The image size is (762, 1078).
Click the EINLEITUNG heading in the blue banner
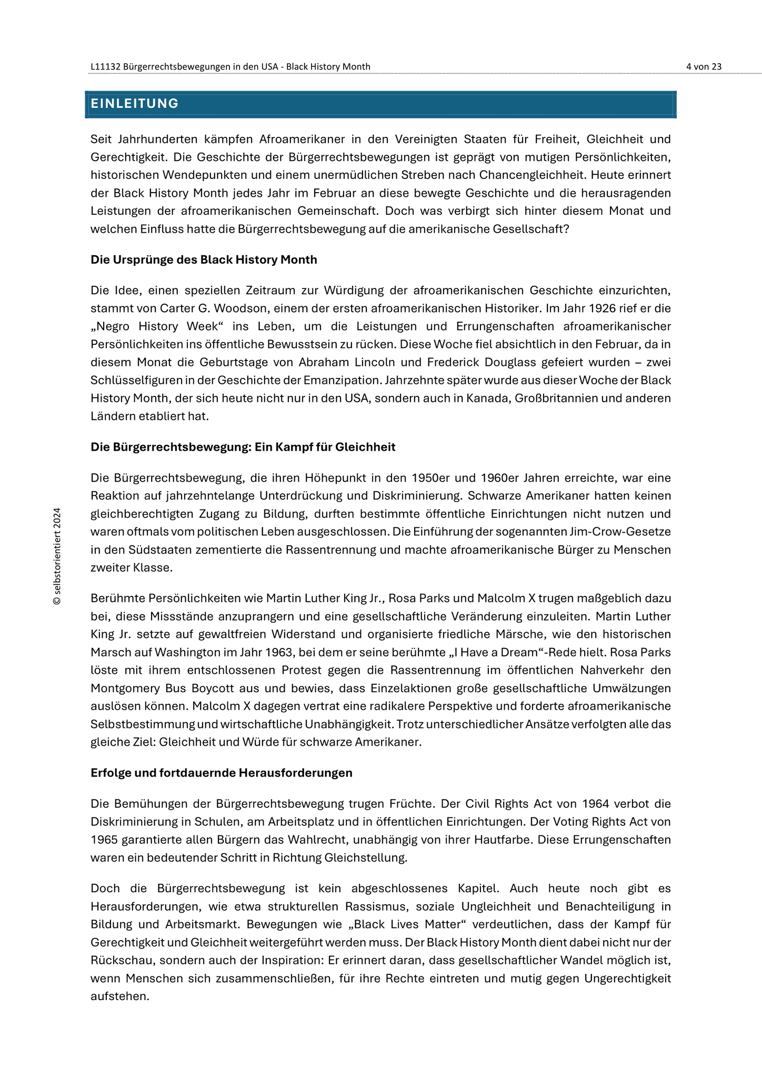pos(135,104)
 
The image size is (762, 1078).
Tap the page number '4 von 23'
pos(704,66)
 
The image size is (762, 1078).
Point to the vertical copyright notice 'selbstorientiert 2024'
pos(57,556)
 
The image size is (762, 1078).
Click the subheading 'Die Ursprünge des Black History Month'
pos(204,259)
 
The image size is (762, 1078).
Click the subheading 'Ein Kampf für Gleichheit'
pos(325,447)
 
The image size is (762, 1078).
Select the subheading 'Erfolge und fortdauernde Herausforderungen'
pos(221,773)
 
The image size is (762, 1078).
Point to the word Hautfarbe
pos(506,840)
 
